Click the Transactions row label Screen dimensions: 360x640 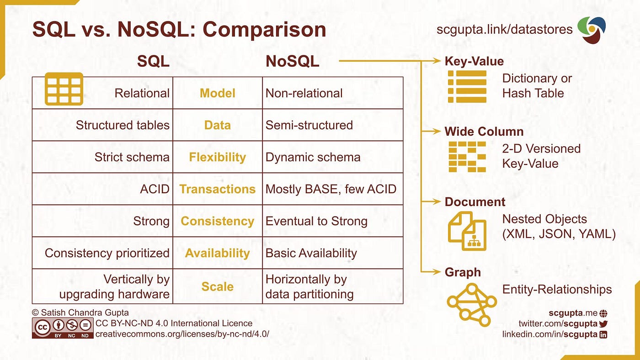click(x=217, y=189)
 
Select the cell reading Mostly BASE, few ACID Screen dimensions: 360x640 click(x=331, y=189)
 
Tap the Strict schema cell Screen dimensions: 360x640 click(x=132, y=157)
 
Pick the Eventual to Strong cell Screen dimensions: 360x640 click(x=316, y=221)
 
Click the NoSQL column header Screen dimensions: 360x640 click(x=292, y=61)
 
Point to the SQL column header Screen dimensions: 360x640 click(x=153, y=61)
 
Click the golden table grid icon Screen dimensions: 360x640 click(x=64, y=89)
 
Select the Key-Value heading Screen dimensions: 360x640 click(x=474, y=61)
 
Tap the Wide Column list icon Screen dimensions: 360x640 click(x=467, y=156)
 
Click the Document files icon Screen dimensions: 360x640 click(x=467, y=231)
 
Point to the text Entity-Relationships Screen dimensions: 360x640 click(x=557, y=289)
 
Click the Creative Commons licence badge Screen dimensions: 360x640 click(x=63, y=328)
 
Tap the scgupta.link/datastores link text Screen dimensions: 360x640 click(x=504, y=30)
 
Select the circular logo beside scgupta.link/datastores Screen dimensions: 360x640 click(x=592, y=30)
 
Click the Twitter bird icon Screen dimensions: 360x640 click(x=603, y=323)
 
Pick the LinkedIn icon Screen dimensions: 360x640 click(x=603, y=334)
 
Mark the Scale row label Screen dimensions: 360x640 click(x=217, y=286)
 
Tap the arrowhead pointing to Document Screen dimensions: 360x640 click(x=437, y=201)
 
